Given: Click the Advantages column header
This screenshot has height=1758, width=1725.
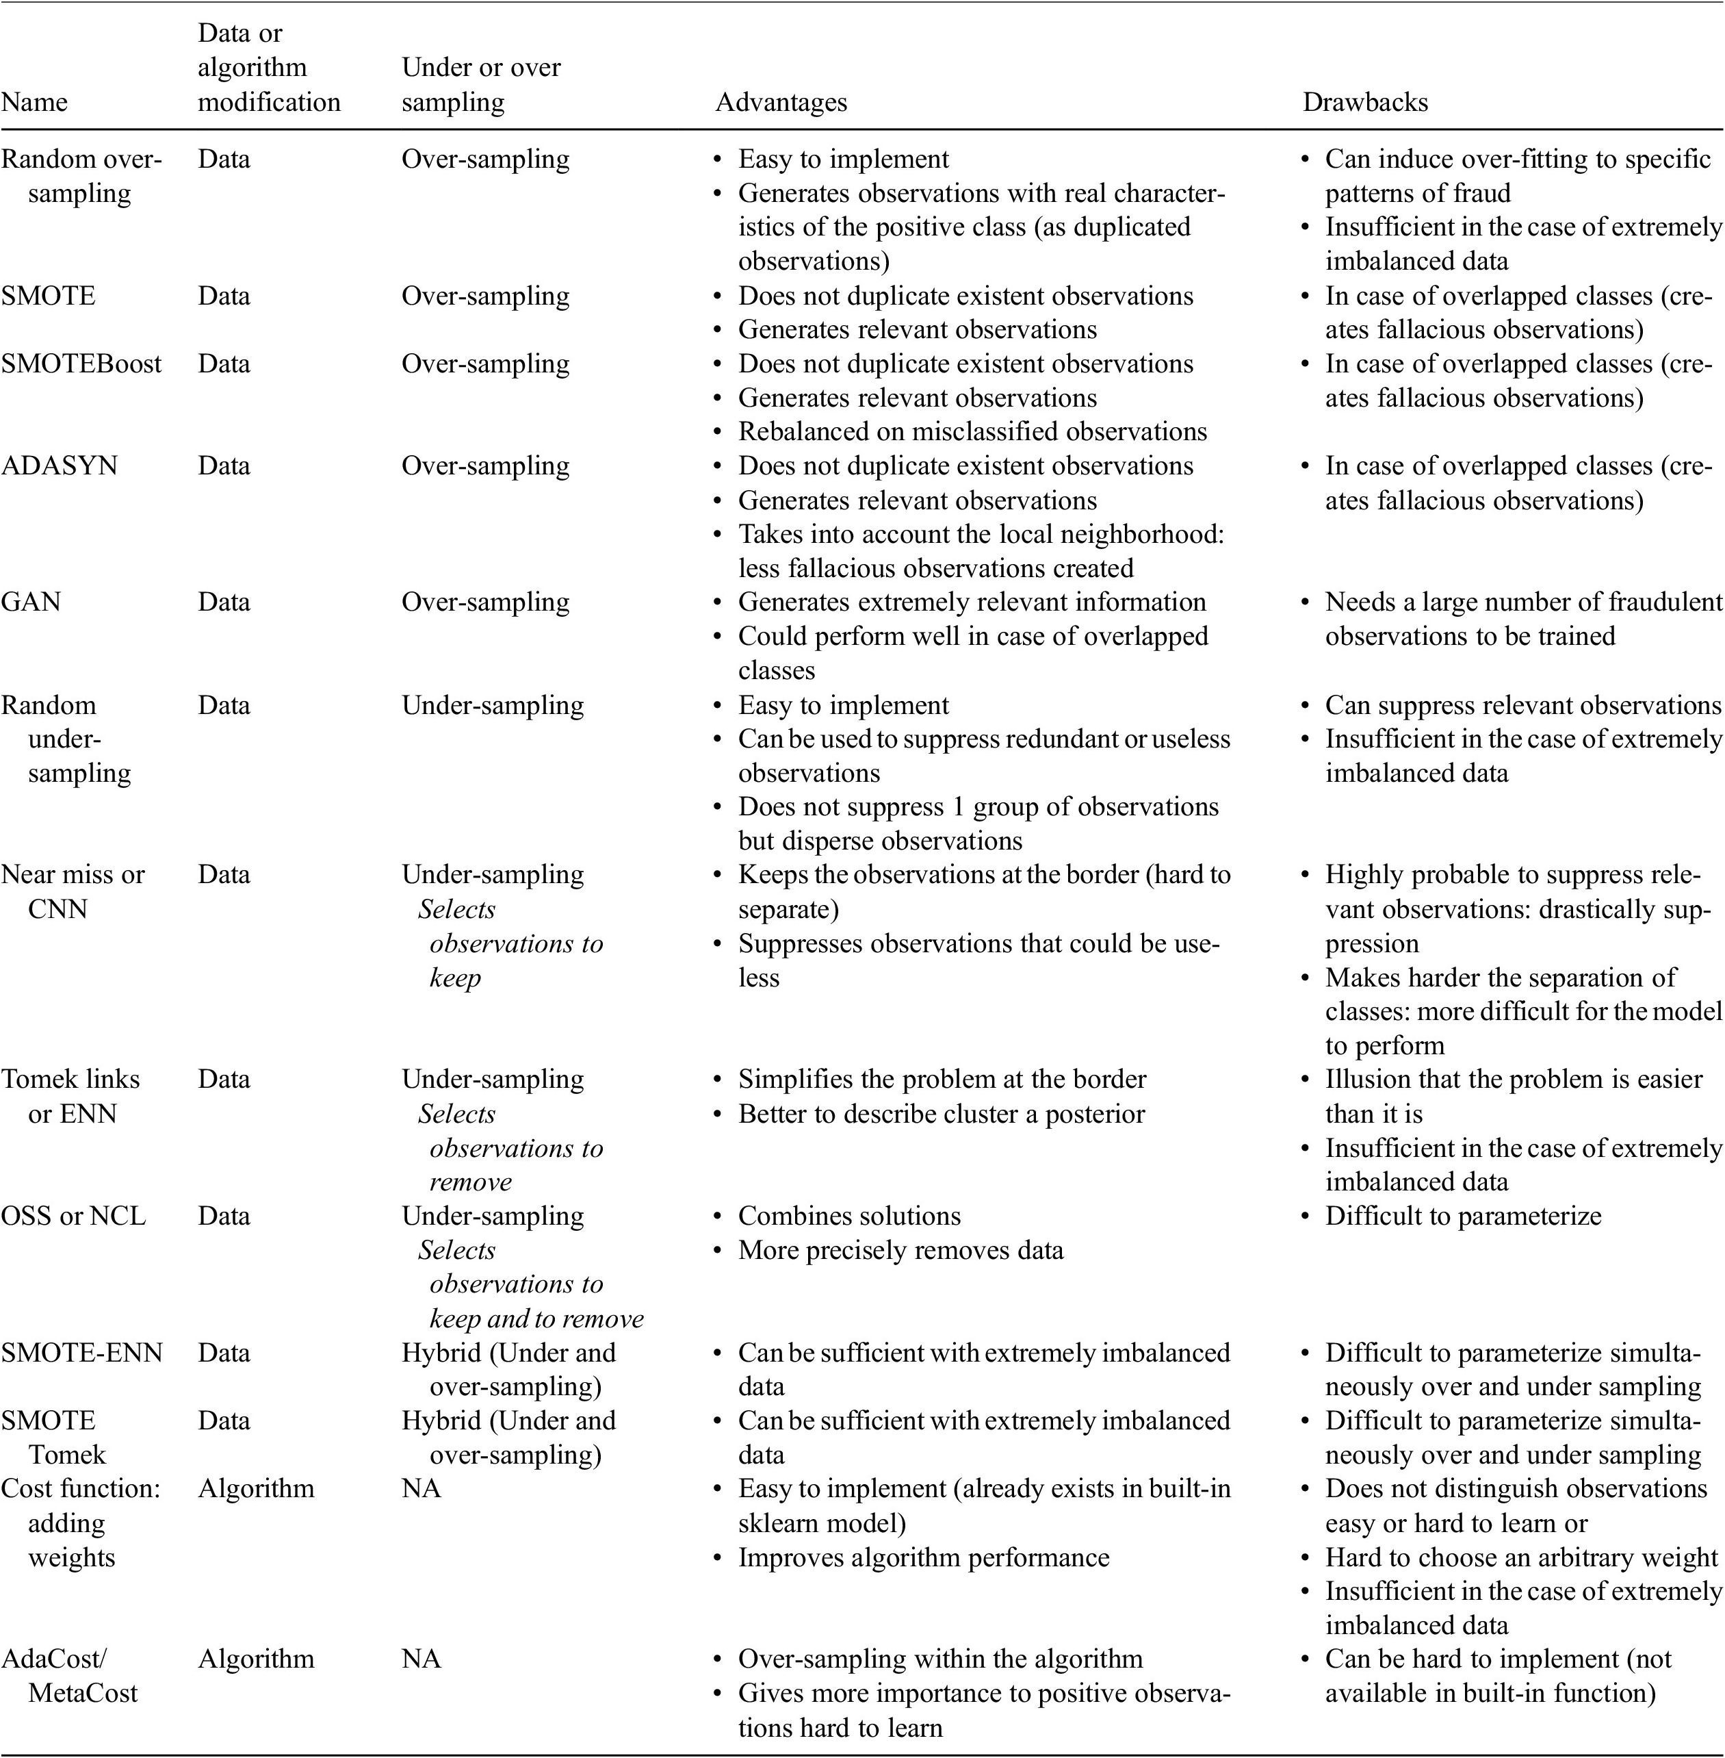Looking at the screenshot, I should tap(781, 103).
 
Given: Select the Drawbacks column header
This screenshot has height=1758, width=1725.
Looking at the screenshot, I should tap(1364, 103).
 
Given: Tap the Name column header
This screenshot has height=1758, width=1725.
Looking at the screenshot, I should tap(34, 103).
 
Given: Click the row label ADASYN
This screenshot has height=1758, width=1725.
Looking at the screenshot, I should tap(59, 466).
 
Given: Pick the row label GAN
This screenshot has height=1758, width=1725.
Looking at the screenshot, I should tap(31, 602).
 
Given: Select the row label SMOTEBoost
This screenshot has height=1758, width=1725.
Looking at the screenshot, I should tap(81, 364).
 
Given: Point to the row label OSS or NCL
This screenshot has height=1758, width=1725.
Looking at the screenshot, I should tap(73, 1215).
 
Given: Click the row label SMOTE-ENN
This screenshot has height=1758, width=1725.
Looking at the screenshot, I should tap(81, 1352).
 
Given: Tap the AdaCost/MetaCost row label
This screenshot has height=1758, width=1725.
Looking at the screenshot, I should tap(69, 1676).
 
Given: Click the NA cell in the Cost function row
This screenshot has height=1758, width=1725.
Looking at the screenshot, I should tap(421, 1488).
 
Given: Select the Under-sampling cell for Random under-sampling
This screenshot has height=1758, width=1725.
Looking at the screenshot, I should tap(493, 705).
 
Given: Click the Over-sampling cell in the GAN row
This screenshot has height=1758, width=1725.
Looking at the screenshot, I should tap(486, 602).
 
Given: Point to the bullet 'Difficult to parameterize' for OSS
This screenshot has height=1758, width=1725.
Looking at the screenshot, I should tap(1462, 1215).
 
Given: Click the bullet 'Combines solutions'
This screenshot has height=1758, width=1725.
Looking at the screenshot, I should tap(849, 1215).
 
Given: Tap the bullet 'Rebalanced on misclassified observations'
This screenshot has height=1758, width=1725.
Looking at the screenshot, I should tap(972, 431).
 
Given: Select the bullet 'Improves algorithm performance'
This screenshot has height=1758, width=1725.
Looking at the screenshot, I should tap(923, 1557).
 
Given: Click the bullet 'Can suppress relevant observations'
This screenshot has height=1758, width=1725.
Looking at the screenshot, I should tap(1522, 705).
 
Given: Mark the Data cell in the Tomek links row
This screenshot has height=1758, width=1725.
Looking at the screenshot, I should tap(224, 1080).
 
